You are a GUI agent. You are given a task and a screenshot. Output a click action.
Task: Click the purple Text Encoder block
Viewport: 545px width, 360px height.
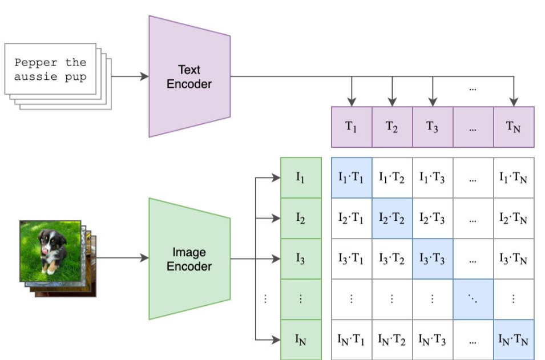[x=189, y=76]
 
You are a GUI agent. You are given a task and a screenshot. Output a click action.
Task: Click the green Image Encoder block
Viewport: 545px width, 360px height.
[x=189, y=259]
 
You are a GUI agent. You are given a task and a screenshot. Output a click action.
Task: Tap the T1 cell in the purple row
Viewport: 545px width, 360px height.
[x=352, y=127]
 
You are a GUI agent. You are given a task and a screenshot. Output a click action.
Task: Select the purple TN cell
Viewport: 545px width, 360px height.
[x=514, y=127]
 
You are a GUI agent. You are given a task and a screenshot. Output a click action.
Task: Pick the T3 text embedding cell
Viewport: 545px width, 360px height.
[x=433, y=127]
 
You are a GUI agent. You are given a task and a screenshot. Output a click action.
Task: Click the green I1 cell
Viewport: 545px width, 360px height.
[x=301, y=178]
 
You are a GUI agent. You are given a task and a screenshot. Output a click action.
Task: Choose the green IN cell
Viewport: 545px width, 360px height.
[x=301, y=339]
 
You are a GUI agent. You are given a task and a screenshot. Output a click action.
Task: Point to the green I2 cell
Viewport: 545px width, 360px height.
[x=301, y=219]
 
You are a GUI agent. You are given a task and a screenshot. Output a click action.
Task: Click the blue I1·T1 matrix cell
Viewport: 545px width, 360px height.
[x=352, y=178]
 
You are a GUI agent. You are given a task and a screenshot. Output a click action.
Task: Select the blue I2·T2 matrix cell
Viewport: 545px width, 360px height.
[x=392, y=219]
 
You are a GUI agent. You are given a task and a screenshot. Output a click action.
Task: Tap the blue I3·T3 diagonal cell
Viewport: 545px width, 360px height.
[x=433, y=259]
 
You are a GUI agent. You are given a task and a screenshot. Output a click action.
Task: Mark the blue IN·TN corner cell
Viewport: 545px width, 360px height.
[x=514, y=339]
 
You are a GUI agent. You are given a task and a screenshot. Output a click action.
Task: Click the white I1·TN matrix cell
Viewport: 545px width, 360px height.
[x=514, y=178]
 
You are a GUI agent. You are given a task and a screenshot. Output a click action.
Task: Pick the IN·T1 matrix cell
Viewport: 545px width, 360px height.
[x=352, y=339]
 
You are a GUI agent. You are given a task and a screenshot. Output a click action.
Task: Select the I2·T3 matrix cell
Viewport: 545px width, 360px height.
[x=433, y=219]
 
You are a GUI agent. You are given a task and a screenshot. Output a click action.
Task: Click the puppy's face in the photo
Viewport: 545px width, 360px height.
[x=50, y=242]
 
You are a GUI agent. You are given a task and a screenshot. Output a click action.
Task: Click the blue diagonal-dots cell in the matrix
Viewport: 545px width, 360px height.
[x=473, y=300]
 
